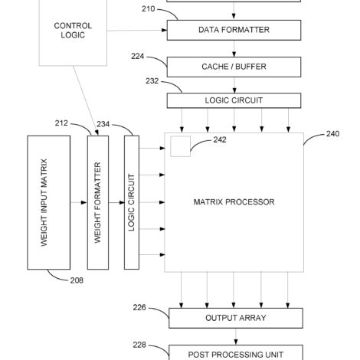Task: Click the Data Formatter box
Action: [x=234, y=30]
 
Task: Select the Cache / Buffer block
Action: [x=234, y=67]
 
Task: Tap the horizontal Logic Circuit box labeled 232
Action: [x=234, y=100]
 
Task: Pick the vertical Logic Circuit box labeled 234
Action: [x=132, y=202]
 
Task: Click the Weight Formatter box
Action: [x=98, y=202]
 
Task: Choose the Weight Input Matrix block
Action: [x=49, y=202]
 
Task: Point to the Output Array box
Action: [x=236, y=318]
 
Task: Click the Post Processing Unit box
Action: [x=236, y=352]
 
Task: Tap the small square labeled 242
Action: [x=181, y=146]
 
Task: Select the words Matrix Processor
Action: [x=234, y=202]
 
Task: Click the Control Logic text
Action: [x=73, y=31]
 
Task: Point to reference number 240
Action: [x=332, y=134]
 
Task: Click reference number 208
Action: [x=77, y=280]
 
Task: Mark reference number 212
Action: [x=61, y=123]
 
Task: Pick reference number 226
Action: [x=139, y=308]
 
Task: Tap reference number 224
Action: [x=138, y=57]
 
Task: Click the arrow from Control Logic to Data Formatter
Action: [x=137, y=31]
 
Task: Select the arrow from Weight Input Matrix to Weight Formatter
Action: [x=79, y=202]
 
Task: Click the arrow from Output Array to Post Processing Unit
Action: [x=236, y=336]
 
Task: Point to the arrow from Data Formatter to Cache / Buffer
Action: [x=234, y=48]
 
